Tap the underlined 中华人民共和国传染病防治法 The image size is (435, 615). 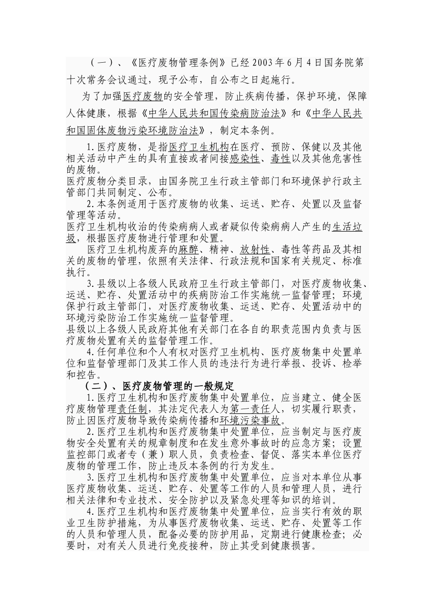click(214, 113)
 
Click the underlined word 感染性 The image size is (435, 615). click(245, 159)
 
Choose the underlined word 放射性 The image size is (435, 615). click(255, 250)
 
